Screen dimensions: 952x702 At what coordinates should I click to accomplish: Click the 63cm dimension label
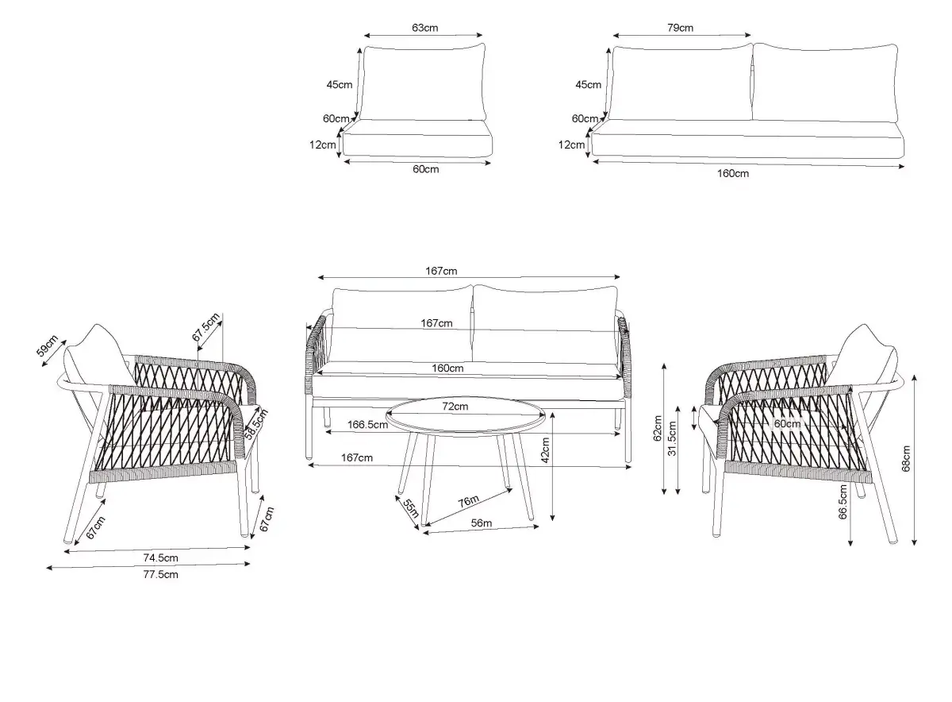[x=424, y=28]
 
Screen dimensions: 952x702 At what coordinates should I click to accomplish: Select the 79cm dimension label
[x=680, y=28]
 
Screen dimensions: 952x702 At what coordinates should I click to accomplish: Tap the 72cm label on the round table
[x=455, y=407]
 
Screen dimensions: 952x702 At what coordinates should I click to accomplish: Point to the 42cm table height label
[x=545, y=450]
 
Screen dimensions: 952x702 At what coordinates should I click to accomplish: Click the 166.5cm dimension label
[x=367, y=425]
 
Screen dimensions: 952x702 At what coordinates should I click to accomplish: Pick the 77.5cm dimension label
[x=160, y=574]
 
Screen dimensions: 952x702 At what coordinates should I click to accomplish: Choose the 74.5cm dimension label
[x=160, y=557]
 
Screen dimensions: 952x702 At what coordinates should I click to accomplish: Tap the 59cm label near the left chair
[x=47, y=345]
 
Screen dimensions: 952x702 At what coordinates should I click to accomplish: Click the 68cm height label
[x=906, y=459]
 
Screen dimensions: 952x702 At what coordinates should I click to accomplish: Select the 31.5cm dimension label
[x=672, y=438]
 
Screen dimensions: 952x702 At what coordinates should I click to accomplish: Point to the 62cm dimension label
[x=658, y=428]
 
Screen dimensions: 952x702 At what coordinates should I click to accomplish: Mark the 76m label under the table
[x=468, y=502]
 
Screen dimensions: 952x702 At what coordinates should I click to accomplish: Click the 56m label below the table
[x=482, y=523]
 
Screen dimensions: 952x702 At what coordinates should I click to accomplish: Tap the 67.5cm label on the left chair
[x=206, y=326]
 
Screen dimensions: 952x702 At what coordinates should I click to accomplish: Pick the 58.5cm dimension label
[x=255, y=424]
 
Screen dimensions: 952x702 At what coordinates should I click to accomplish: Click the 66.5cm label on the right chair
[x=843, y=502]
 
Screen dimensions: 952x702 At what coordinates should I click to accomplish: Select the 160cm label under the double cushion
[x=733, y=174]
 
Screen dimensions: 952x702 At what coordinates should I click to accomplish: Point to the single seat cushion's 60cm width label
[x=426, y=169]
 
